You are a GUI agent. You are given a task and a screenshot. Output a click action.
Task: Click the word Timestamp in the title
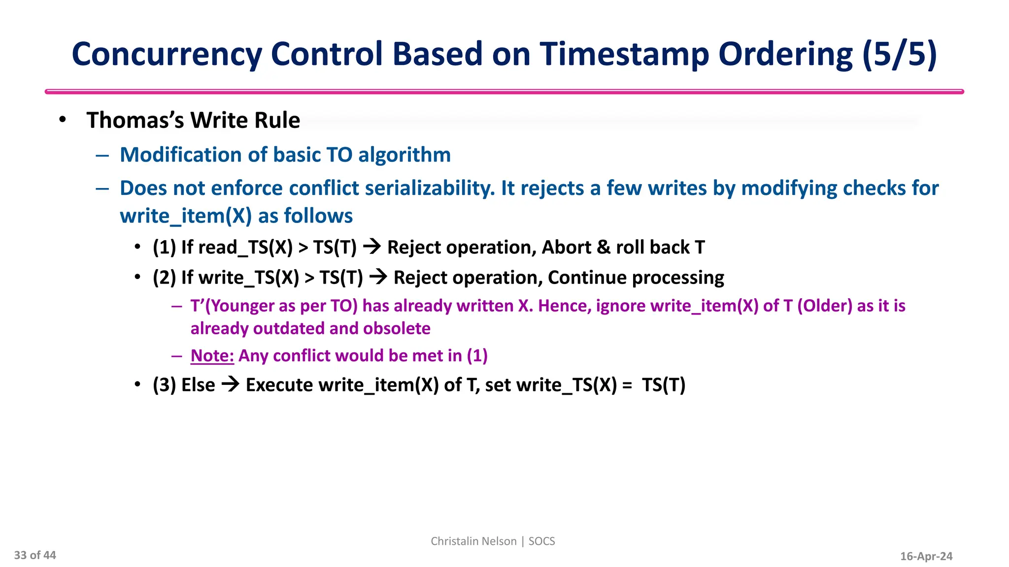pos(624,54)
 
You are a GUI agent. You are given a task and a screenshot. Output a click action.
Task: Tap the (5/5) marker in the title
pos(900,54)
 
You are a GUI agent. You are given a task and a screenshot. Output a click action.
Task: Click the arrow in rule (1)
pos(372,247)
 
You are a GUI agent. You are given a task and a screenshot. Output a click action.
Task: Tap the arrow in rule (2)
pos(378,277)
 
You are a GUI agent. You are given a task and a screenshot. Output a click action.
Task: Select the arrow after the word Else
pos(230,384)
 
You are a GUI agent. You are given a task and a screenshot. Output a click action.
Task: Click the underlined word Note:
pos(212,355)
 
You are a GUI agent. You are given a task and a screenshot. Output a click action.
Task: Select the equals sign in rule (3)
pos(627,385)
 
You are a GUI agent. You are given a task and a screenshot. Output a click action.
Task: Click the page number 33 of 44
pos(35,555)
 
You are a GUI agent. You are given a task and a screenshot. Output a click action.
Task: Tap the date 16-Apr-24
pos(926,556)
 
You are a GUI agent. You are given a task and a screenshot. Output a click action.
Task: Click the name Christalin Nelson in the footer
pos(473,541)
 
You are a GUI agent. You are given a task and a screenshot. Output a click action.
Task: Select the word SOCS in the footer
pos(541,541)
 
